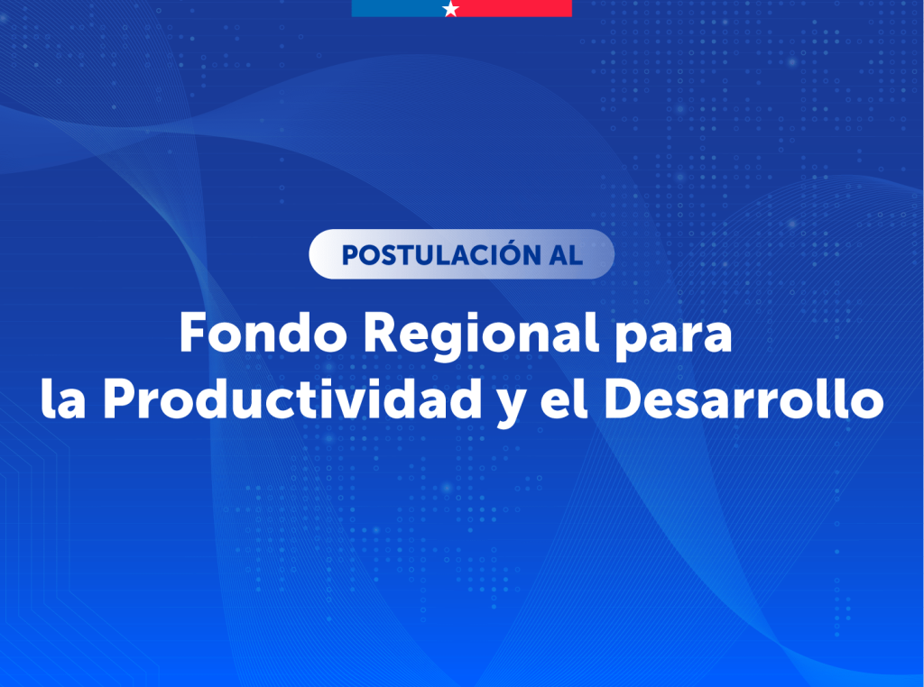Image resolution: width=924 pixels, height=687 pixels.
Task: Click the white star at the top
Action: (451, 8)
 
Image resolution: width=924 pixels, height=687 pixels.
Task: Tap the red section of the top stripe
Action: (513, 8)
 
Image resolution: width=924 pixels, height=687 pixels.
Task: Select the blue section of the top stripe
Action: (398, 8)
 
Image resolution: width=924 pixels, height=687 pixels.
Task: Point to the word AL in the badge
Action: (566, 255)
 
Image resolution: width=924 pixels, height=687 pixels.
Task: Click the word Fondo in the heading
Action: (263, 332)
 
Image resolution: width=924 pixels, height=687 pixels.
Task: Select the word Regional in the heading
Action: (481, 335)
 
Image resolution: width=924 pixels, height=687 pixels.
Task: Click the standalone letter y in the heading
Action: (511, 408)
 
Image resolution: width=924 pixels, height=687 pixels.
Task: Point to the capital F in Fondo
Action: (194, 332)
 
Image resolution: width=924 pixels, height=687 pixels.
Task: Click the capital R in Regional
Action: (380, 332)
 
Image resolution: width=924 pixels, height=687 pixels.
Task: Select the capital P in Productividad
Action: (120, 399)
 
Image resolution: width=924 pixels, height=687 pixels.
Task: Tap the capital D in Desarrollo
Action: (624, 399)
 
